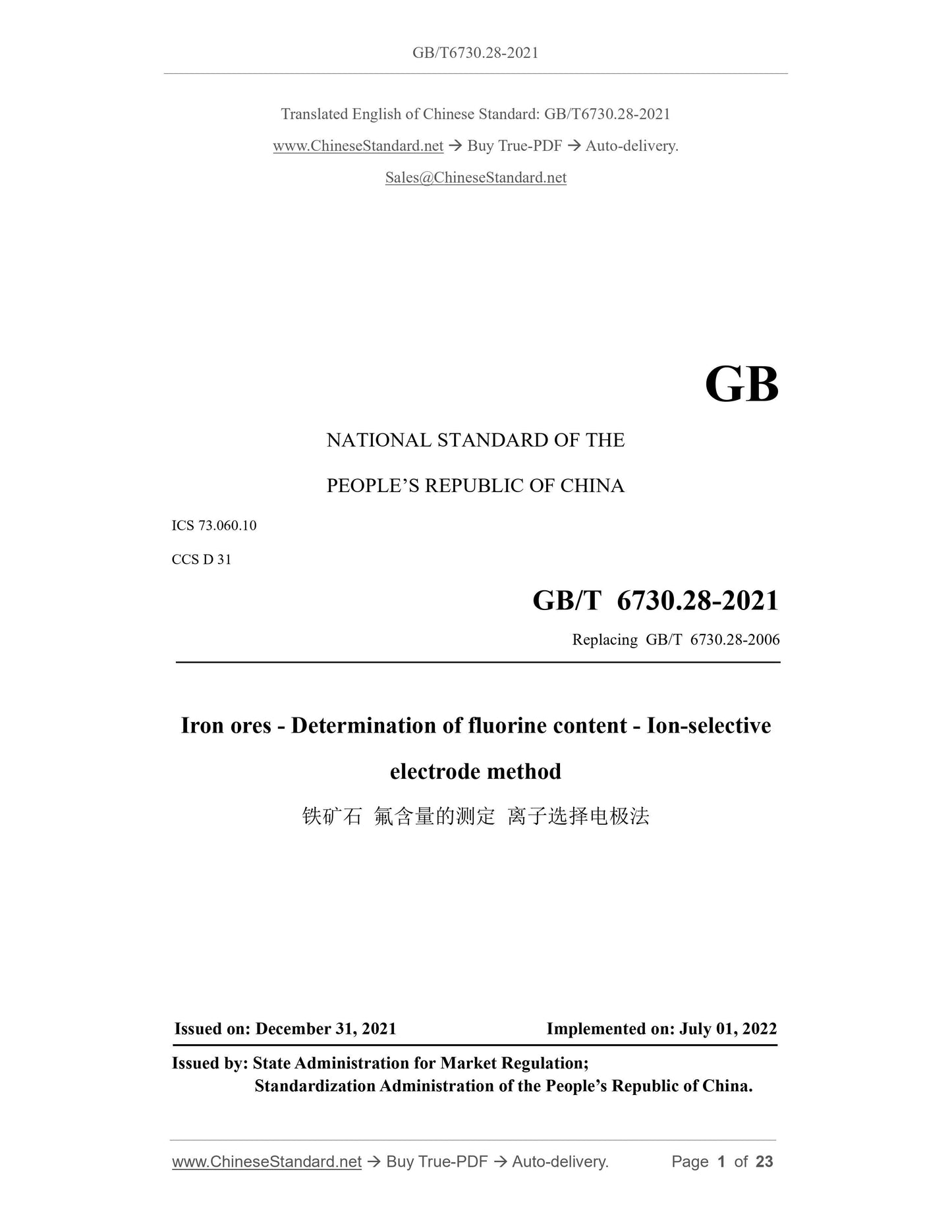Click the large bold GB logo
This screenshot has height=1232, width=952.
(741, 385)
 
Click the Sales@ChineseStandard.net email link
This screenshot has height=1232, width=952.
(476, 178)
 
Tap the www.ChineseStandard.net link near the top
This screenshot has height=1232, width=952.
(358, 146)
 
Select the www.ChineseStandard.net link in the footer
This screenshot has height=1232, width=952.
(267, 1162)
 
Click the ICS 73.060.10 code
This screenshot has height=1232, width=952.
(214, 526)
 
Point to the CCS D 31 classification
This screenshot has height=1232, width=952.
(202, 559)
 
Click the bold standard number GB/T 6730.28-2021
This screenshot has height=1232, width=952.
(655, 601)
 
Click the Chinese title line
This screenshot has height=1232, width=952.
(476, 817)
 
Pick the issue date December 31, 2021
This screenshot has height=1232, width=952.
(325, 1029)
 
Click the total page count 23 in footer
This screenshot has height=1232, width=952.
(764, 1162)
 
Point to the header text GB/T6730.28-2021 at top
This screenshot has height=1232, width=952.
(476, 53)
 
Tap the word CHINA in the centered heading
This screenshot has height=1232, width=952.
(592, 486)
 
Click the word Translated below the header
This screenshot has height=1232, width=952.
(314, 115)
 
